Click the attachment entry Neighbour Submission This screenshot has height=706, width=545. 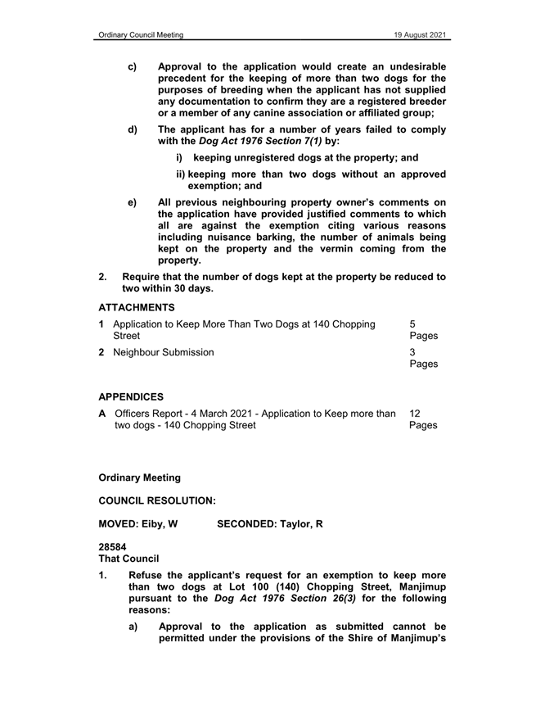(x=166, y=352)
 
